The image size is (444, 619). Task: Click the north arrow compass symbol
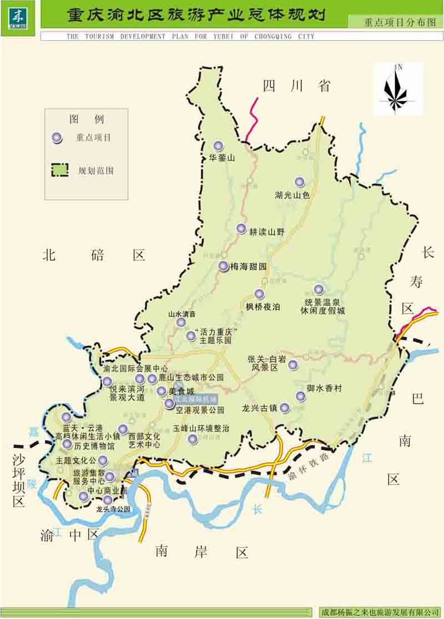click(x=396, y=89)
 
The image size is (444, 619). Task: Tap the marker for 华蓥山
click(x=218, y=145)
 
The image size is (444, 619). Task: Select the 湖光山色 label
click(x=292, y=195)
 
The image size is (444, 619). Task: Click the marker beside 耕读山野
click(x=241, y=228)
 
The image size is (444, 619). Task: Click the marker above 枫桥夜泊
click(x=259, y=294)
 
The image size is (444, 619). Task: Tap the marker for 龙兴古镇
click(x=285, y=408)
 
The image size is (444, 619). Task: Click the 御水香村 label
click(x=324, y=389)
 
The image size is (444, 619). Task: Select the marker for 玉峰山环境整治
click(x=193, y=439)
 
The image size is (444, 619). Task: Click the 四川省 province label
click(x=296, y=85)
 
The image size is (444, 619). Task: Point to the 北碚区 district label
click(x=94, y=255)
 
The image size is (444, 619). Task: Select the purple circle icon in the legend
click(x=56, y=138)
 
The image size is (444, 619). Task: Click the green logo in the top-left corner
click(x=18, y=17)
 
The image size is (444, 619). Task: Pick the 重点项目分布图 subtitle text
click(x=396, y=23)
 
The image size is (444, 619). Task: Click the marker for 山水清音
click(x=181, y=323)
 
